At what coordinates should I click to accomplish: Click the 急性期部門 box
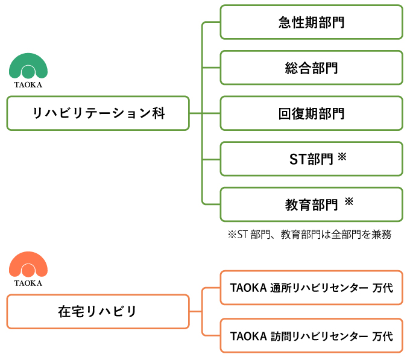(x=311, y=22)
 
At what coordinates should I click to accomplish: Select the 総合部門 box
(x=311, y=68)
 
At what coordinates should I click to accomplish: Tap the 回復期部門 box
(x=311, y=113)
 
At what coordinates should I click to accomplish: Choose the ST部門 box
(x=311, y=159)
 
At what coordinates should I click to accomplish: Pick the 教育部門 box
(x=311, y=204)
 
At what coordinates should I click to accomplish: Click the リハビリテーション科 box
(x=98, y=113)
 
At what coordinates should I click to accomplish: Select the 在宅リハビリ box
(x=98, y=311)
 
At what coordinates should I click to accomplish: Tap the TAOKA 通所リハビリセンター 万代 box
(x=311, y=288)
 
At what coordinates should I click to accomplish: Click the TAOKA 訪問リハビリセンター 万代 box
(x=311, y=335)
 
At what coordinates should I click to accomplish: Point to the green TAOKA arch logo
(x=28, y=60)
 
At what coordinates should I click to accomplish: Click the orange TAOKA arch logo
(x=28, y=259)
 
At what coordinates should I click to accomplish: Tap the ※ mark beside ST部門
(x=342, y=157)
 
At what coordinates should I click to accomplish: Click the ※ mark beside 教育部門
(x=349, y=201)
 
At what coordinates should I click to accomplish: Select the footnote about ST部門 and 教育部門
(x=309, y=234)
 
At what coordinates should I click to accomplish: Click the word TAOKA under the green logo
(x=28, y=84)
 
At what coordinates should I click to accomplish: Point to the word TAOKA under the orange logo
(x=28, y=283)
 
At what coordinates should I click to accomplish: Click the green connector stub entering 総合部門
(x=211, y=68)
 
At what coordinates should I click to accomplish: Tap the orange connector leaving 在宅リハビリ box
(x=195, y=311)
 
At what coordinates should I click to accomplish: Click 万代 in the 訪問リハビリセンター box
(x=382, y=336)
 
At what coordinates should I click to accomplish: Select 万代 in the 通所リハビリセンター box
(x=382, y=288)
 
